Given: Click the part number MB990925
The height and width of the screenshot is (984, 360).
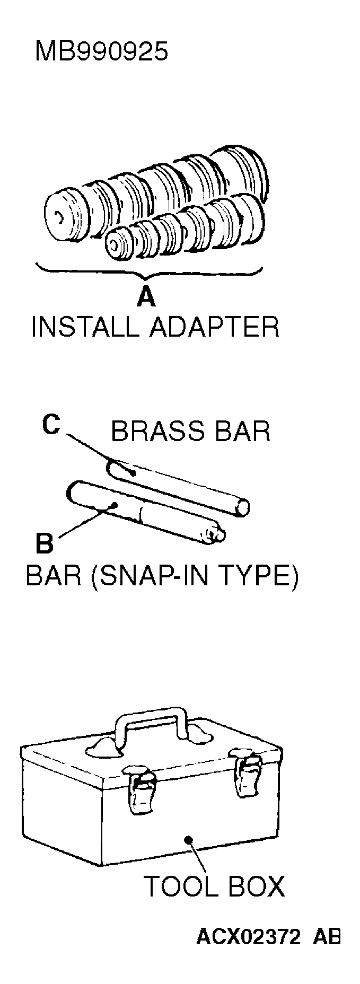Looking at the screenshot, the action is coord(101,52).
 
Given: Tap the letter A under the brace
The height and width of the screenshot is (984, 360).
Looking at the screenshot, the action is coord(146,297).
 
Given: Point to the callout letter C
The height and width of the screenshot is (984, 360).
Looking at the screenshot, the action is coord(51,424).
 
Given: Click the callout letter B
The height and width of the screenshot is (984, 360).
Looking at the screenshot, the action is coord(45,543).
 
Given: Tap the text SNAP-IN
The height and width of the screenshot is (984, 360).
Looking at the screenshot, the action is coord(164,576).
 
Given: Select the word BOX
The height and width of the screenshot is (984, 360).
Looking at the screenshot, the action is coord(258,885).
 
